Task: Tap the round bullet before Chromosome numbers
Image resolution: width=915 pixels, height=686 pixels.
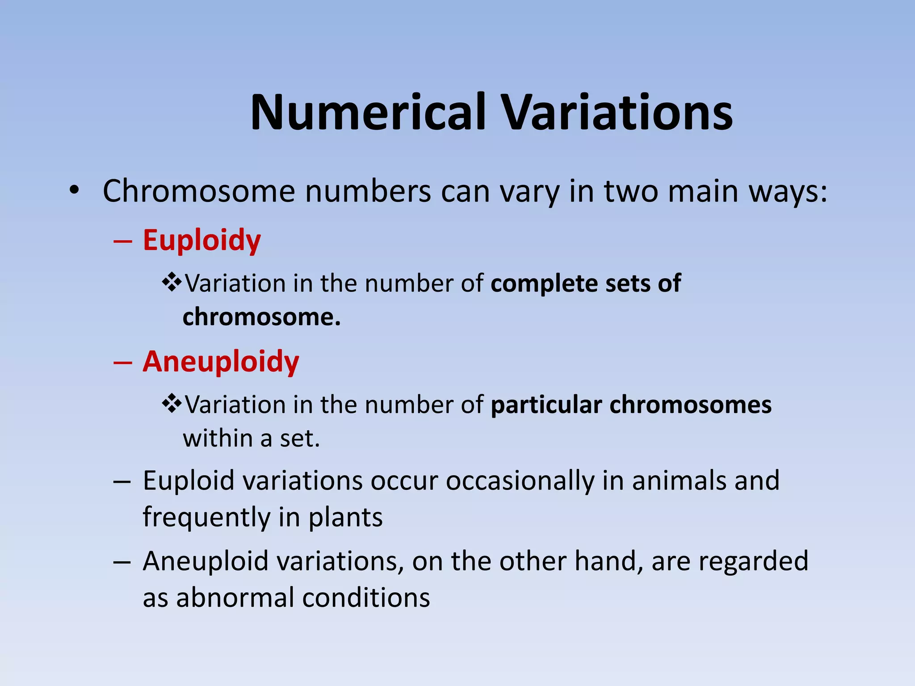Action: click(74, 191)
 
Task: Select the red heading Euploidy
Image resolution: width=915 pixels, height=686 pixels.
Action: click(201, 241)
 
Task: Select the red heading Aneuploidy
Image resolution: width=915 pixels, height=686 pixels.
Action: click(221, 361)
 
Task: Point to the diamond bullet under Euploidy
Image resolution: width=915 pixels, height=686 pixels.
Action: click(172, 283)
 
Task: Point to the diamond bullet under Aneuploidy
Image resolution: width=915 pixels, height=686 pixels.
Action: click(172, 404)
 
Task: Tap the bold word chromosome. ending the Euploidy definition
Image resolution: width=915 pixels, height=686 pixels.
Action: click(261, 317)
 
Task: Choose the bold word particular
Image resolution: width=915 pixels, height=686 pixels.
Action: click(546, 405)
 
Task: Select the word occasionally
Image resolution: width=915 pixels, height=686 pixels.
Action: click(520, 481)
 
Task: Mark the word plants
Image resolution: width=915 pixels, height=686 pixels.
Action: click(345, 518)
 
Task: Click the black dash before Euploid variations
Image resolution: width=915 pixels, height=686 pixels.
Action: click(122, 482)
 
